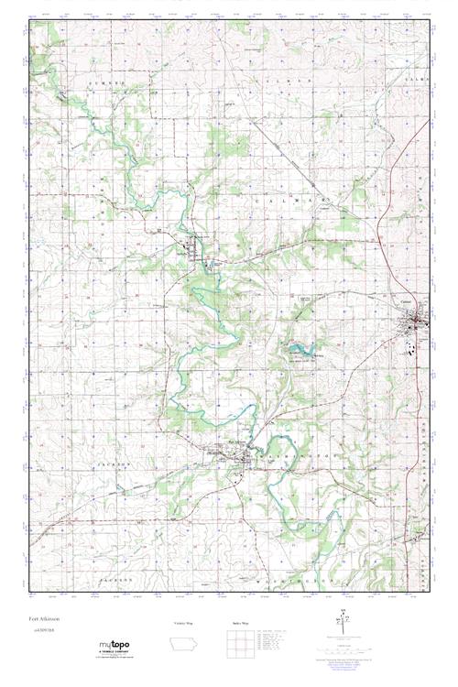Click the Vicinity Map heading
tap(186, 623)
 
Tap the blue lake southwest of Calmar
tap(302, 349)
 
